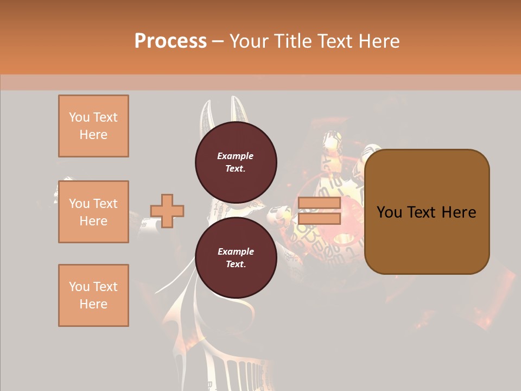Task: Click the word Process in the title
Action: click(x=170, y=41)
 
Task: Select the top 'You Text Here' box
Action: click(x=93, y=126)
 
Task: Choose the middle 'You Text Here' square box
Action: click(x=93, y=212)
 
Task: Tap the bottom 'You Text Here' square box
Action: click(x=93, y=295)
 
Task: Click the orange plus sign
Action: click(x=167, y=211)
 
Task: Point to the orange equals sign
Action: click(x=319, y=211)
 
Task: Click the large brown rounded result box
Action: click(x=427, y=239)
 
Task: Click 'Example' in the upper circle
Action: click(x=236, y=156)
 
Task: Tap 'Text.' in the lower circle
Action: click(x=236, y=264)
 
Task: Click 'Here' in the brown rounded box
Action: click(x=459, y=212)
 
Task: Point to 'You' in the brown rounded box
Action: click(x=389, y=212)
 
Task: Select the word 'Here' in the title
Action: click(x=379, y=41)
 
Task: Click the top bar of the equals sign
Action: click(x=319, y=203)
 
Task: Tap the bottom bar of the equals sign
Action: click(x=319, y=218)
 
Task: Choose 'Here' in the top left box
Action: click(x=93, y=135)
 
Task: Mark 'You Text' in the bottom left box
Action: click(x=93, y=287)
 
